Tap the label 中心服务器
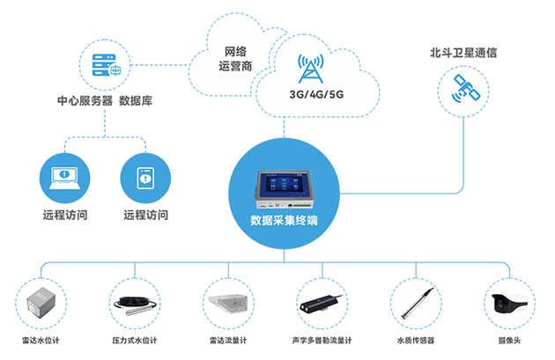click(x=84, y=101)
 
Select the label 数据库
click(x=137, y=101)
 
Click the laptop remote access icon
click(x=66, y=176)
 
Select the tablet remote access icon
click(x=144, y=176)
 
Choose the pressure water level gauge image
click(x=136, y=304)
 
